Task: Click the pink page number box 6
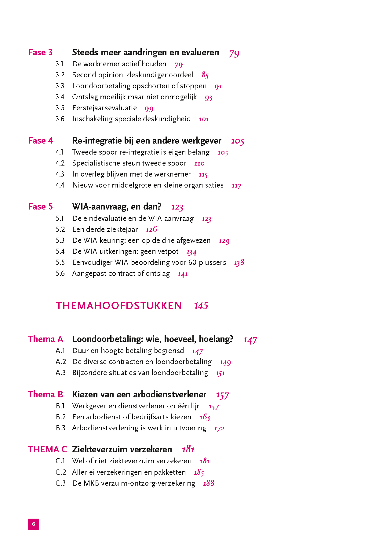pyautogui.click(x=33, y=524)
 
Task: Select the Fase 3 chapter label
pyautogui.click(x=40, y=53)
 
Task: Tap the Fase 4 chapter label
pyautogui.click(x=40, y=141)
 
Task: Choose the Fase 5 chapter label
pyautogui.click(x=40, y=207)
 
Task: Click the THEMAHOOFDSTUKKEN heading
pyautogui.click(x=119, y=306)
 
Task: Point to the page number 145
pyautogui.click(x=201, y=306)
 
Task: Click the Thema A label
pyautogui.click(x=45, y=339)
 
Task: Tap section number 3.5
pyautogui.click(x=60, y=108)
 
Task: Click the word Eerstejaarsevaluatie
pyautogui.click(x=104, y=108)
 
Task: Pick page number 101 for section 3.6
pyautogui.click(x=204, y=119)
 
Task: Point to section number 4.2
pyautogui.click(x=60, y=163)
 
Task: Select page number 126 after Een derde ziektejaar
pyautogui.click(x=151, y=229)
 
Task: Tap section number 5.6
pyautogui.click(x=60, y=274)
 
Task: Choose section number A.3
pyautogui.click(x=60, y=373)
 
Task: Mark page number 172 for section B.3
pyautogui.click(x=219, y=428)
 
